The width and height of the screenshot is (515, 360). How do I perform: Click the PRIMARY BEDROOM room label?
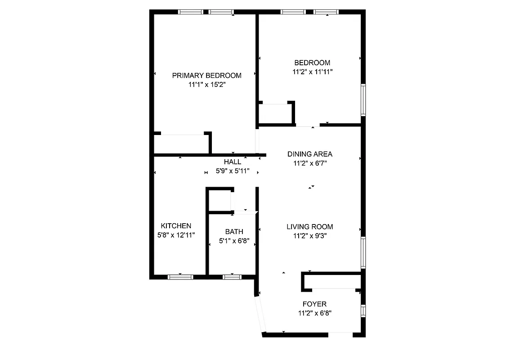tap(206, 76)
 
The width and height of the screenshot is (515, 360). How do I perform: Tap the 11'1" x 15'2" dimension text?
tap(206, 84)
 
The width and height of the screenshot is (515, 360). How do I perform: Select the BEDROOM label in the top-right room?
tap(312, 63)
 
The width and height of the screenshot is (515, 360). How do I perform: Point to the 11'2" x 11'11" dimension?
tap(312, 72)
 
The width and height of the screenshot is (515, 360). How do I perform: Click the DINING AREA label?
tap(310, 154)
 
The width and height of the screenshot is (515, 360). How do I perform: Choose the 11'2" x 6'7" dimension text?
tap(310, 163)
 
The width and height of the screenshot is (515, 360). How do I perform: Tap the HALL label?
tap(232, 162)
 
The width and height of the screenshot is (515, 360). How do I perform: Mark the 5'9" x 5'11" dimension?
tap(232, 171)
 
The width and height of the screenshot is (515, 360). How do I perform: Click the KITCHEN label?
tap(176, 226)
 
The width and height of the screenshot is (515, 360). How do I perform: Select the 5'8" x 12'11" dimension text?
tap(176, 234)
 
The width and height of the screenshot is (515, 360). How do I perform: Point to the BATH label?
tap(234, 232)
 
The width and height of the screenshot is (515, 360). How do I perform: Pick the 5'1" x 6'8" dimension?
tap(234, 241)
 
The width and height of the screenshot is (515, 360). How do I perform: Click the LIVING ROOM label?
tap(310, 227)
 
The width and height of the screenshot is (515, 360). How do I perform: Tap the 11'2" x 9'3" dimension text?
tap(310, 235)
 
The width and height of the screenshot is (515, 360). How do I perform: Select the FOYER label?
tap(314, 304)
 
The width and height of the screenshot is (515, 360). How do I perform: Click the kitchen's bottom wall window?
tap(180, 277)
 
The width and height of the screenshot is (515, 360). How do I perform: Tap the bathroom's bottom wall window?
tap(232, 277)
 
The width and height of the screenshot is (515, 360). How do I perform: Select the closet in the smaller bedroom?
tap(275, 113)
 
